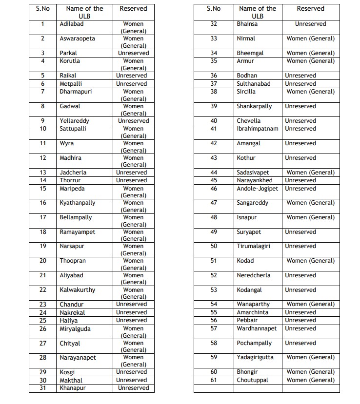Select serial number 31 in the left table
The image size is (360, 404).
point(43,388)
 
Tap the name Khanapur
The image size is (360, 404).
point(73,388)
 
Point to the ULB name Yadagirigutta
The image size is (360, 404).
point(255,357)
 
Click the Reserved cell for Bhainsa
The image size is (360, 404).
point(310,24)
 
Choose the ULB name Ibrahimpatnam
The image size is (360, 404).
point(258,129)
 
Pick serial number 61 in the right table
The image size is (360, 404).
point(214,380)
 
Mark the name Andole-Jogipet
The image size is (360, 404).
point(258,189)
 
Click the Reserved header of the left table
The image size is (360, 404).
point(133,9)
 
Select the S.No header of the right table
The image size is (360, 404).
point(214,9)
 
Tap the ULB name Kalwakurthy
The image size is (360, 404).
point(78,290)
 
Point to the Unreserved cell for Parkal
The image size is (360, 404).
point(133,53)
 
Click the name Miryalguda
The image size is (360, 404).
point(75,329)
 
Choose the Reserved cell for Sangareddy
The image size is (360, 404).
point(310,203)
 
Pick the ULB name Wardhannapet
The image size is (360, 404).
point(257,328)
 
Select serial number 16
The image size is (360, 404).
point(43,203)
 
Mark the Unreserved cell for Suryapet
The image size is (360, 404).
point(300,232)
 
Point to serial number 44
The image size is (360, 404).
point(214,173)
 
